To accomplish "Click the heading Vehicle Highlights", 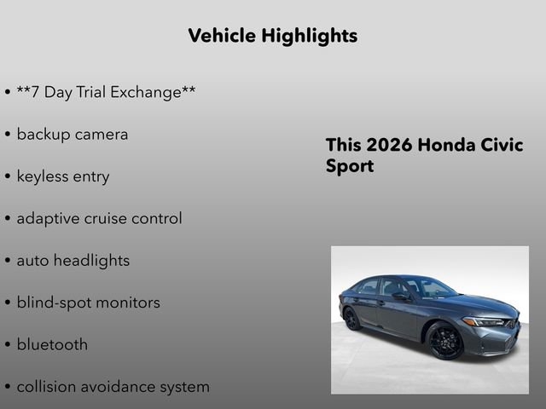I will (272, 36).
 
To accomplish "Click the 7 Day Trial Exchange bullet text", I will (106, 92).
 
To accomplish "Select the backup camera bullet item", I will (72, 135).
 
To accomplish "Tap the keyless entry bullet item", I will (62, 176).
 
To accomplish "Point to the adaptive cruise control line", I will (99, 218).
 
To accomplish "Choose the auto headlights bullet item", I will (73, 261).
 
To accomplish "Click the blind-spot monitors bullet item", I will (88, 302).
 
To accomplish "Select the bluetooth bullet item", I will (51, 345).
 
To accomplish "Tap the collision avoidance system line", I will (113, 387).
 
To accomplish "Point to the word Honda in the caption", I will (446, 145).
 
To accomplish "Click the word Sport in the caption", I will (350, 165).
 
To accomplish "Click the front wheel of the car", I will (445, 340).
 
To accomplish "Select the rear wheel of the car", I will (352, 319).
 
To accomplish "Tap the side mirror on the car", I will (399, 297).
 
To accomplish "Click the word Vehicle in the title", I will (222, 36).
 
